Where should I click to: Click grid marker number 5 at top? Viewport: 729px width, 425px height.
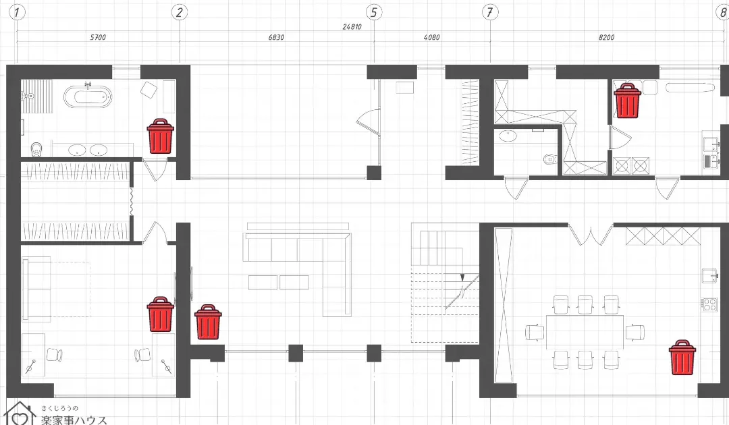tap(374, 12)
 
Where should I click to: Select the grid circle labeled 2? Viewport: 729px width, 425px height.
tap(180, 12)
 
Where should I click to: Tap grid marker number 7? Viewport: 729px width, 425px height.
tap(489, 12)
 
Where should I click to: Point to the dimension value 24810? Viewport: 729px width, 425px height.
tap(352, 27)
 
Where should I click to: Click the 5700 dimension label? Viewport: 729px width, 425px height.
tap(98, 38)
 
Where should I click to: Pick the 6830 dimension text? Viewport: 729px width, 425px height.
tap(276, 38)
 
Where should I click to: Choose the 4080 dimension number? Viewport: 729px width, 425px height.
tap(431, 38)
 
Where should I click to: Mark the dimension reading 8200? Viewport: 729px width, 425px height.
tap(606, 38)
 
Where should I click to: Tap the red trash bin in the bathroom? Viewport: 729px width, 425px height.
tap(161, 136)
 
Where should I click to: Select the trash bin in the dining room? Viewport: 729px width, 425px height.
tap(682, 357)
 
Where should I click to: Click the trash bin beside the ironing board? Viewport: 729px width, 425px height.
tap(627, 101)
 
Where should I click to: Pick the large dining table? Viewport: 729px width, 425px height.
tap(585, 332)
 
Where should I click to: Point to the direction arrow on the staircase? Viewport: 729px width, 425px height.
tap(462, 278)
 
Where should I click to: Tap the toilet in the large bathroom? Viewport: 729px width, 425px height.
tap(36, 149)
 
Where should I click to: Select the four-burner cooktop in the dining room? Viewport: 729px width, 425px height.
tap(709, 304)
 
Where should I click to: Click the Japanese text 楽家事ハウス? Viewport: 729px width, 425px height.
tap(74, 420)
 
